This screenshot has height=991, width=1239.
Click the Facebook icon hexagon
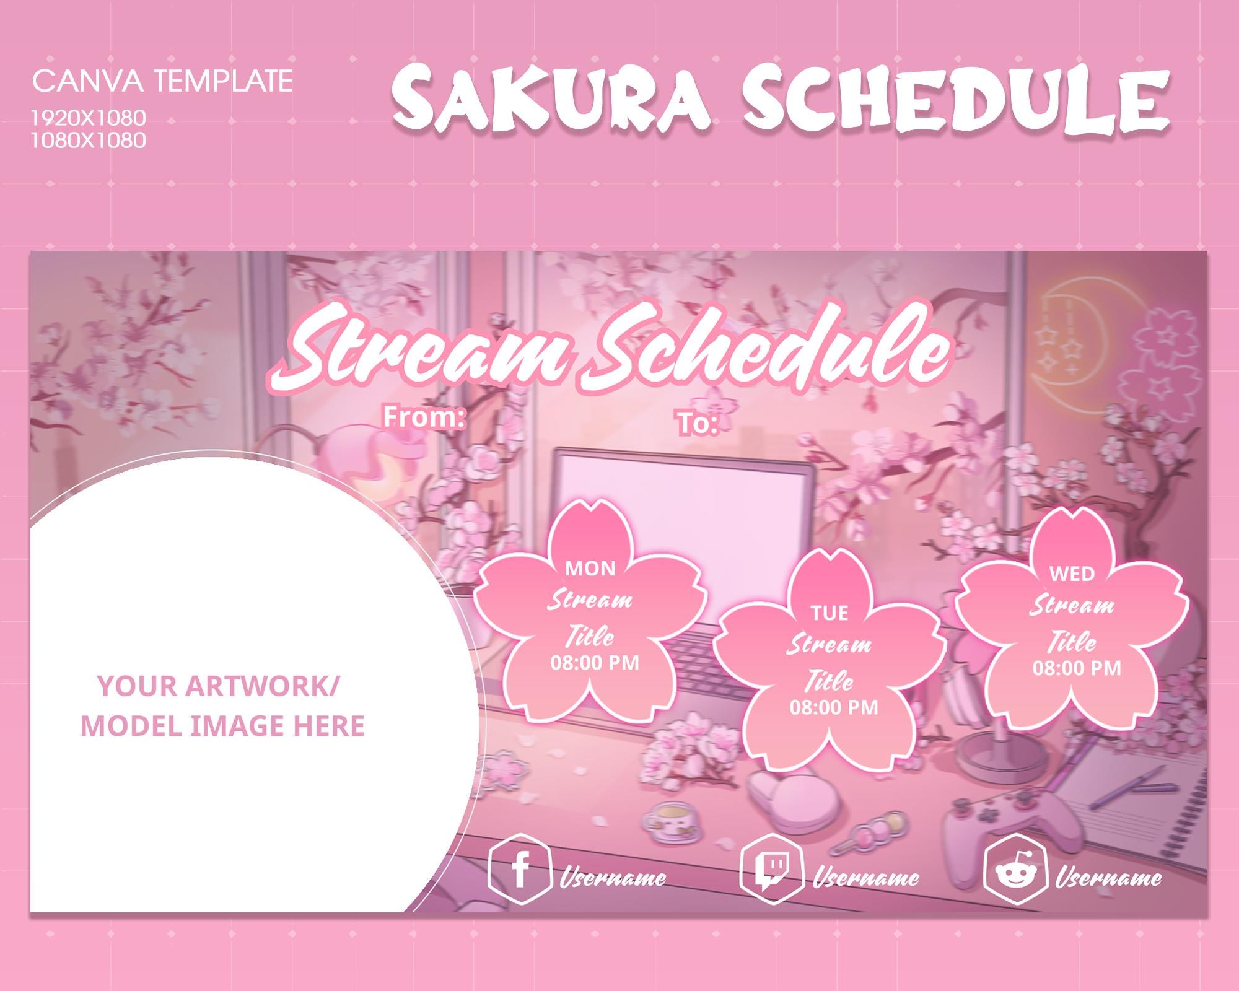click(x=520, y=870)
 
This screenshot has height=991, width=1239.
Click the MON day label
click(x=590, y=569)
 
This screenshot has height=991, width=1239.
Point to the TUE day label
click(x=829, y=613)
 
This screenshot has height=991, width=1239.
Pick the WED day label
click(x=1072, y=574)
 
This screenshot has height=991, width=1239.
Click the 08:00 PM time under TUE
click(x=834, y=707)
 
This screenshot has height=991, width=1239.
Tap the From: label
click(x=424, y=417)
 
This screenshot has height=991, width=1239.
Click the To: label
click(x=696, y=424)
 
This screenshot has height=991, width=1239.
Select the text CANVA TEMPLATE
click(x=162, y=81)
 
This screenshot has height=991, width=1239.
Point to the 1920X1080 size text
click(x=89, y=117)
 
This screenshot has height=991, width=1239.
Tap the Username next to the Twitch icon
click(x=865, y=878)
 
